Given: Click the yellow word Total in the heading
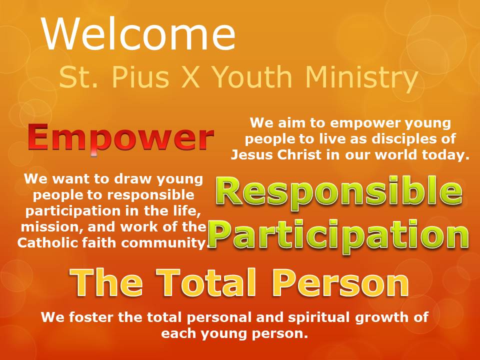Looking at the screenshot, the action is tap(206, 282).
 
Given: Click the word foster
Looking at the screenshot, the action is tap(90, 317).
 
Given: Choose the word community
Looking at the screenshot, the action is tap(164, 243).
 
